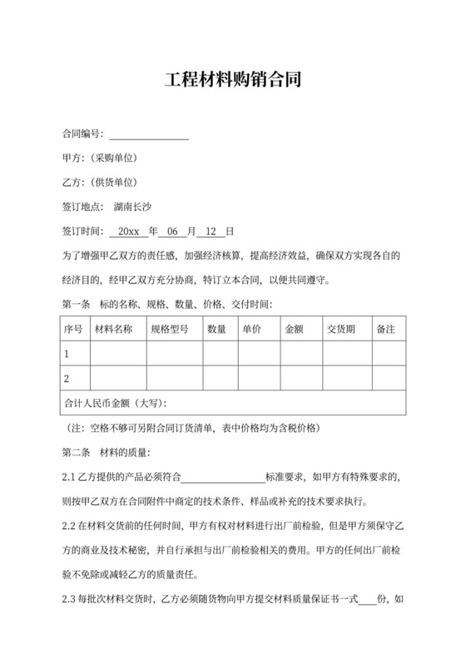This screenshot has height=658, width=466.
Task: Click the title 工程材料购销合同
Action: [x=232, y=81]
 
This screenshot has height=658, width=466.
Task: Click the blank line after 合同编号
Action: [x=149, y=135]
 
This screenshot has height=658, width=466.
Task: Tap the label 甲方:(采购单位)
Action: [x=100, y=159]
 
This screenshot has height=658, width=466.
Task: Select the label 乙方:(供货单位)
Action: [x=100, y=183]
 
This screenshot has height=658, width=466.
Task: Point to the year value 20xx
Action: [x=128, y=231]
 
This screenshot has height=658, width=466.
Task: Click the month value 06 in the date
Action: [x=173, y=231]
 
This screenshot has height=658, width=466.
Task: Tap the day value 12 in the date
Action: [x=211, y=231]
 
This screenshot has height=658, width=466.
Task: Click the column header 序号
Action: [x=73, y=330]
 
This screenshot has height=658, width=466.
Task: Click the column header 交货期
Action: [x=341, y=330]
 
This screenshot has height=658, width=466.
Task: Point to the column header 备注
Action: [x=385, y=330]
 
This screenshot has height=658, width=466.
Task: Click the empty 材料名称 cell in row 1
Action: [x=118, y=354]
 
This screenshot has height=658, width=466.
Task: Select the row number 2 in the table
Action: [x=67, y=379]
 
